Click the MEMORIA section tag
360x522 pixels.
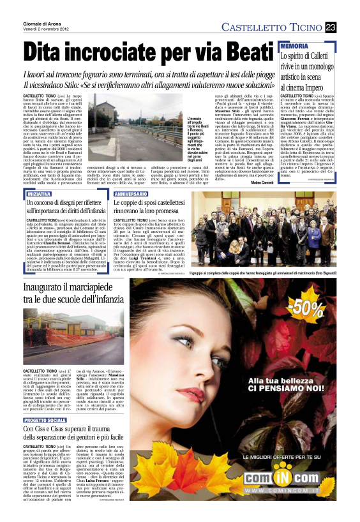(294, 47)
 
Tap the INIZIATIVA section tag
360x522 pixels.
(40, 193)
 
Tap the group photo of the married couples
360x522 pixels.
(271, 230)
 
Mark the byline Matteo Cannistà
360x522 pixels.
(261, 183)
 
